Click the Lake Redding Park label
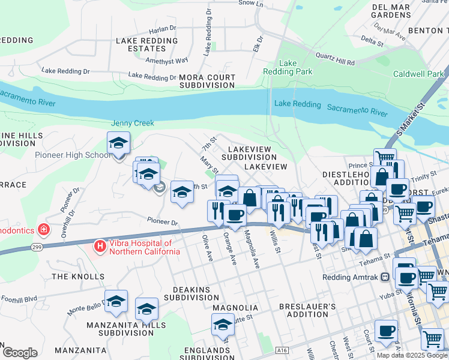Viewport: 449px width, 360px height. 288,67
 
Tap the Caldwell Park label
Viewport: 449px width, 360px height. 418,74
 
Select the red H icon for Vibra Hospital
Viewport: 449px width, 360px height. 100,247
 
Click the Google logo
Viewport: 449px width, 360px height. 19,353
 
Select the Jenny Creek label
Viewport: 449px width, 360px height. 132,123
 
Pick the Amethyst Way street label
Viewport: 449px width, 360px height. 169,61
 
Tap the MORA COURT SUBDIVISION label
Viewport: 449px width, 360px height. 207,82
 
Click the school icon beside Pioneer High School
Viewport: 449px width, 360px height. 119,144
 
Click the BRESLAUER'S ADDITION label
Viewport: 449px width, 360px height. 304,310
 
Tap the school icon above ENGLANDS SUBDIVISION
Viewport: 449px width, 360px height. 223,325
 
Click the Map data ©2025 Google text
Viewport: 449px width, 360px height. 412,355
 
